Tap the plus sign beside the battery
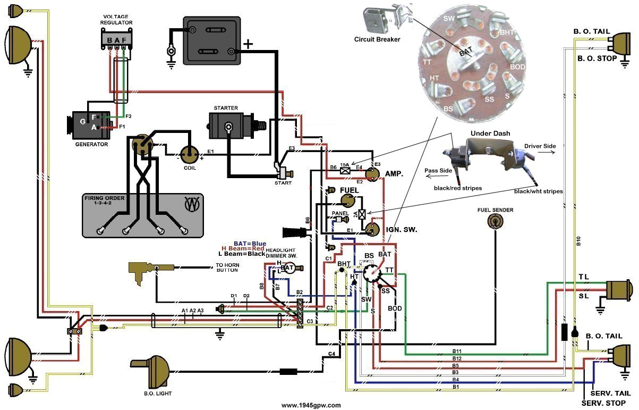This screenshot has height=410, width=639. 248,43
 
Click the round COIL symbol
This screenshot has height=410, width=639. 189,155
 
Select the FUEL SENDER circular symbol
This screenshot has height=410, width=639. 495,222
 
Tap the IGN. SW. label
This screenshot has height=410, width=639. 402,230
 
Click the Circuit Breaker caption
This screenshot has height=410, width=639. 377,39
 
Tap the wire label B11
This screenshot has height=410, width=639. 457,352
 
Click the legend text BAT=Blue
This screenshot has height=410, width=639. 250,244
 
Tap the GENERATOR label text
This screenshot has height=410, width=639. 91,144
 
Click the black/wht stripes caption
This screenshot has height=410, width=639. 538,191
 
